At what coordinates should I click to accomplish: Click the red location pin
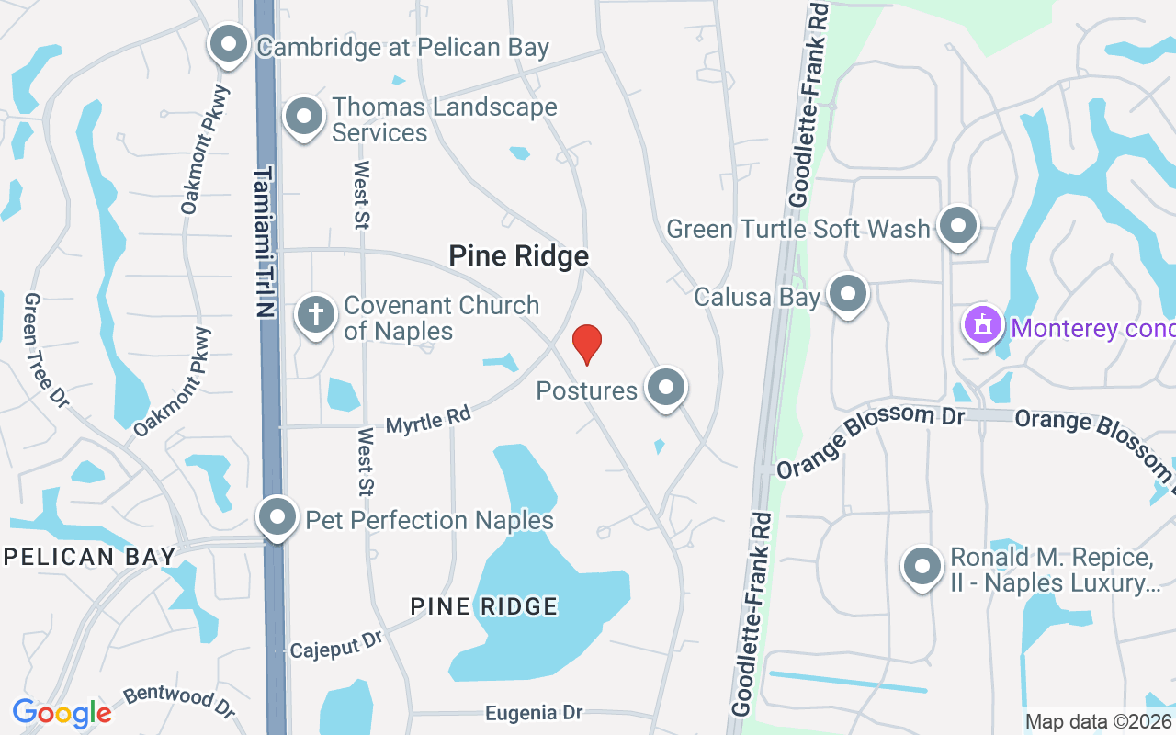(x=587, y=344)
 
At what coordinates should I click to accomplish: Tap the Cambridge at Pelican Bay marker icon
(x=229, y=44)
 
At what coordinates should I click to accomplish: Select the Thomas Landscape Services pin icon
(x=304, y=118)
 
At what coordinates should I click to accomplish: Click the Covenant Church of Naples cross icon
(x=315, y=316)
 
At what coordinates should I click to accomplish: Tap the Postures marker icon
(x=665, y=389)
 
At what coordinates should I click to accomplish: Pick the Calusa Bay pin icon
(x=847, y=295)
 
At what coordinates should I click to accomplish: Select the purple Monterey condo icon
(x=983, y=326)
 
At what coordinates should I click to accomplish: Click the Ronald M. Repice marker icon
(x=922, y=568)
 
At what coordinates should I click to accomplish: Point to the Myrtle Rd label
(x=428, y=421)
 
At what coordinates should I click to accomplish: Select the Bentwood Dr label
(x=179, y=700)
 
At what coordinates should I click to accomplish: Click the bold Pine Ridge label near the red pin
(x=518, y=256)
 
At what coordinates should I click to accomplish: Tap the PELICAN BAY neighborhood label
(x=89, y=556)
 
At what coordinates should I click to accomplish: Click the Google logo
(x=62, y=713)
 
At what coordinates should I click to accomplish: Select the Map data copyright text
(x=1099, y=721)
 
